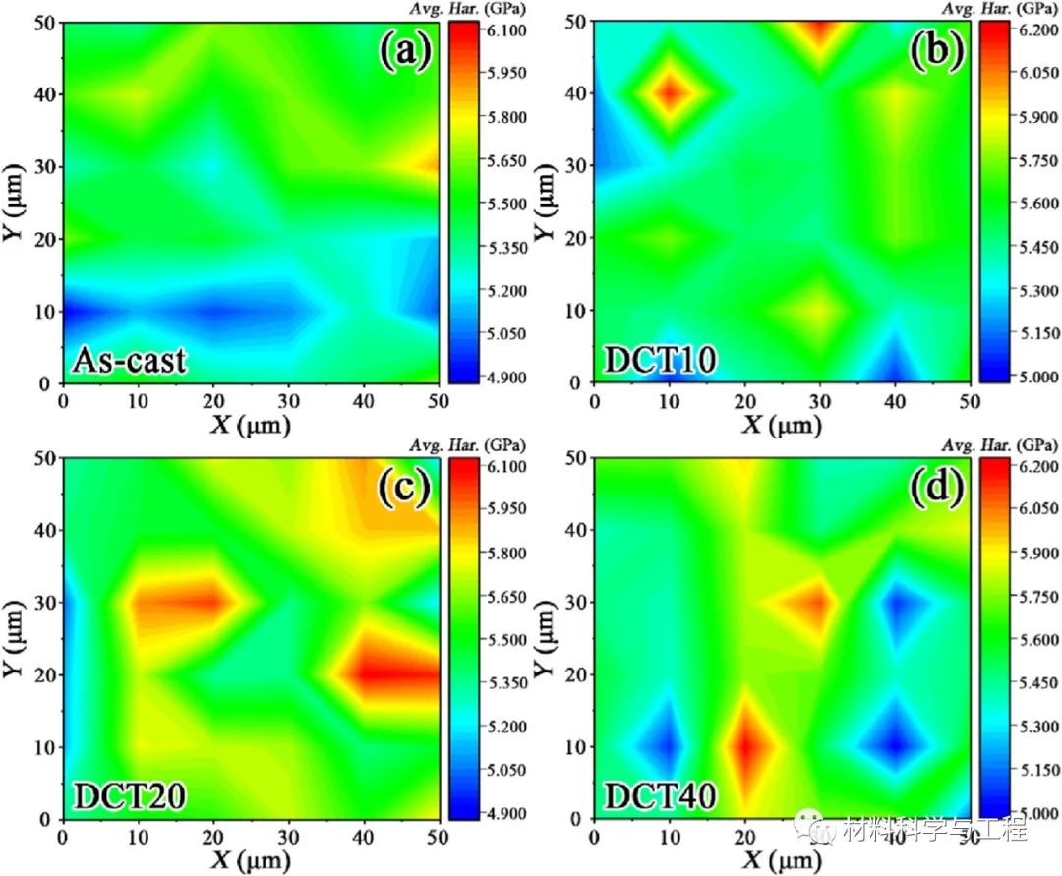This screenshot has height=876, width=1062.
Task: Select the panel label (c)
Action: (406, 489)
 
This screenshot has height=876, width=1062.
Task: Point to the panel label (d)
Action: (936, 489)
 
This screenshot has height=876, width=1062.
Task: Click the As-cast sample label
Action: (129, 361)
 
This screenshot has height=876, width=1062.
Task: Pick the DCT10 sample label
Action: (660, 361)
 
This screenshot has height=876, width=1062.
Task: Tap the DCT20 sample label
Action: (130, 796)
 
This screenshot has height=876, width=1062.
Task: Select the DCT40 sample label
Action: (660, 796)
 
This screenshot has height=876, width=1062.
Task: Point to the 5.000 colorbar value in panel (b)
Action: (1036, 377)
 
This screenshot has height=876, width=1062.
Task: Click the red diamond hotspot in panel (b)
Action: (670, 93)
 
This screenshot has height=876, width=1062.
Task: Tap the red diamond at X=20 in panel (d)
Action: (745, 745)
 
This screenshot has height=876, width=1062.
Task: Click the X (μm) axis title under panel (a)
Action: (251, 425)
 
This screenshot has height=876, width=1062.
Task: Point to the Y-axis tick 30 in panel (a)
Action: (45, 167)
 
